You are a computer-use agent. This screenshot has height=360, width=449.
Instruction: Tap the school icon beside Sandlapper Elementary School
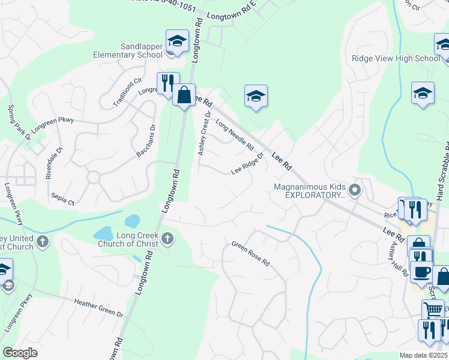[176, 42]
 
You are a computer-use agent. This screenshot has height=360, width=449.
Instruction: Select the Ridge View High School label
[396, 59]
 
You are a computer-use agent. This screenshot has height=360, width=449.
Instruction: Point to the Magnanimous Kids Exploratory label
[310, 191]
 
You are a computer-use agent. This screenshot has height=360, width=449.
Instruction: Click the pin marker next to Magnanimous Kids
[355, 191]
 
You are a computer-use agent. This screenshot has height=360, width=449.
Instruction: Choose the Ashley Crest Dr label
[205, 133]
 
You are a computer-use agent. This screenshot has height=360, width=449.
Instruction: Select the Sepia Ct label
[62, 199]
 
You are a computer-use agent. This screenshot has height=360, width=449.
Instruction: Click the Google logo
[20, 353]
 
